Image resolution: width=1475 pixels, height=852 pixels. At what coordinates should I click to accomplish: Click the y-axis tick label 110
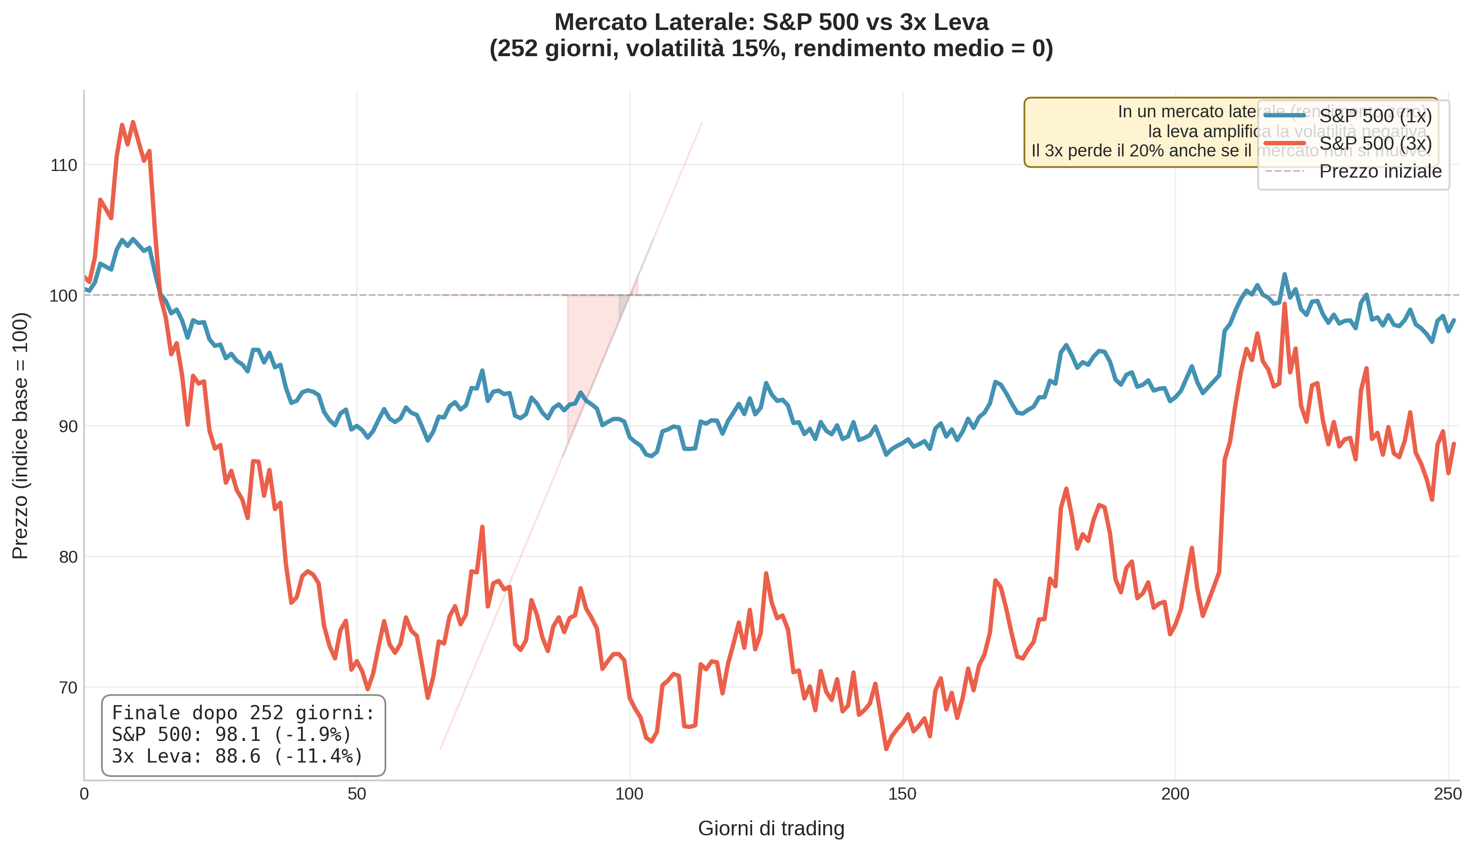[64, 166]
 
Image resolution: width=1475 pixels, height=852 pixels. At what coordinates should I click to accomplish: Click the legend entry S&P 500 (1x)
[1375, 116]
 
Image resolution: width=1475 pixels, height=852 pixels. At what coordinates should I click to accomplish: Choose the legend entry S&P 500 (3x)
[1375, 144]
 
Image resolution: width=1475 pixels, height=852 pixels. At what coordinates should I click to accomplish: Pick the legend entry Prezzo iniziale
[1380, 171]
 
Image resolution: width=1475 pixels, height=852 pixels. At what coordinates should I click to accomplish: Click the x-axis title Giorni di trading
[771, 829]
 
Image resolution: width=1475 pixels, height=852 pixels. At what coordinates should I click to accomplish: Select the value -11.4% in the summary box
[318, 757]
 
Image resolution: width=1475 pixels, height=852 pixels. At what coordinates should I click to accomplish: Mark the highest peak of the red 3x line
[133, 123]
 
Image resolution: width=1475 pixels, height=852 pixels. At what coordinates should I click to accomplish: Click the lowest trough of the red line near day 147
[886, 748]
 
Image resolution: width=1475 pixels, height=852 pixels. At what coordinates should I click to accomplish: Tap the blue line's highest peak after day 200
[1284, 275]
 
